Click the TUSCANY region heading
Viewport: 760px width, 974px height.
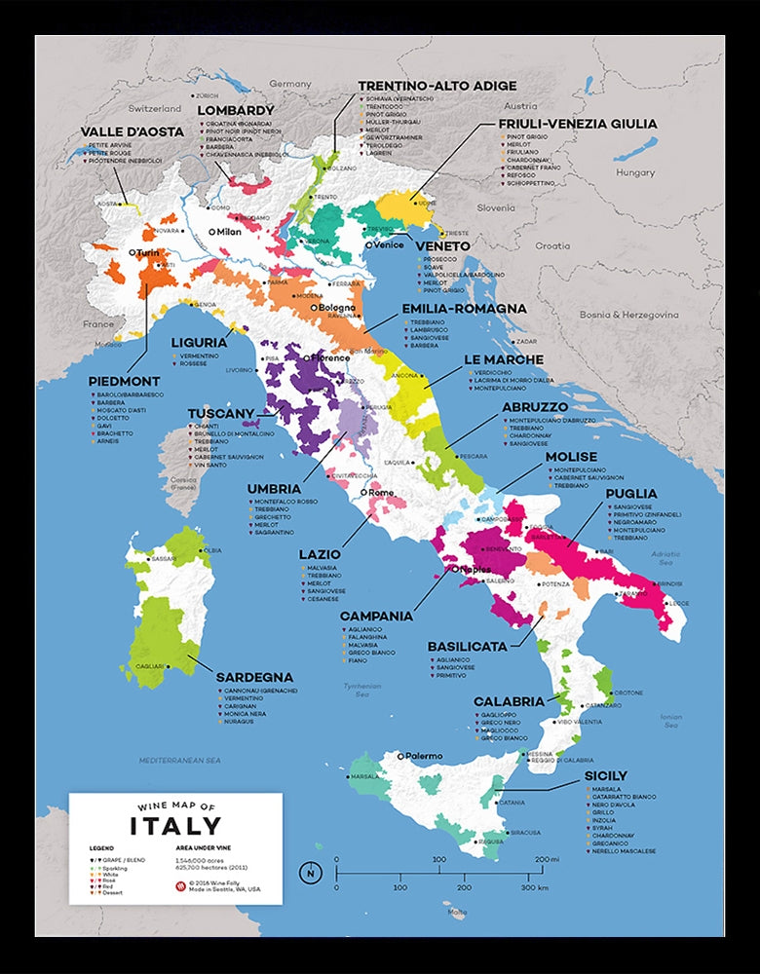tap(220, 413)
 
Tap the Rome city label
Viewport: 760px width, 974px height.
tap(380, 493)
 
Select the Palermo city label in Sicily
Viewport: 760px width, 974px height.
tap(424, 756)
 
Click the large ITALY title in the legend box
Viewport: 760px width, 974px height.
tap(175, 826)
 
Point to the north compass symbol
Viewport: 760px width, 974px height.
tap(311, 872)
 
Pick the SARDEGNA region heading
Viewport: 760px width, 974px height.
tap(255, 677)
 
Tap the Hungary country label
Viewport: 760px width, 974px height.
tap(635, 172)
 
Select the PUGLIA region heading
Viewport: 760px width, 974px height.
tap(631, 494)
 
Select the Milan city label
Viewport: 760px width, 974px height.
tap(228, 232)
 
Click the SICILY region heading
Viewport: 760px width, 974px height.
tap(606, 776)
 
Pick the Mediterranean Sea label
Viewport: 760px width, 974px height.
tap(180, 759)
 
